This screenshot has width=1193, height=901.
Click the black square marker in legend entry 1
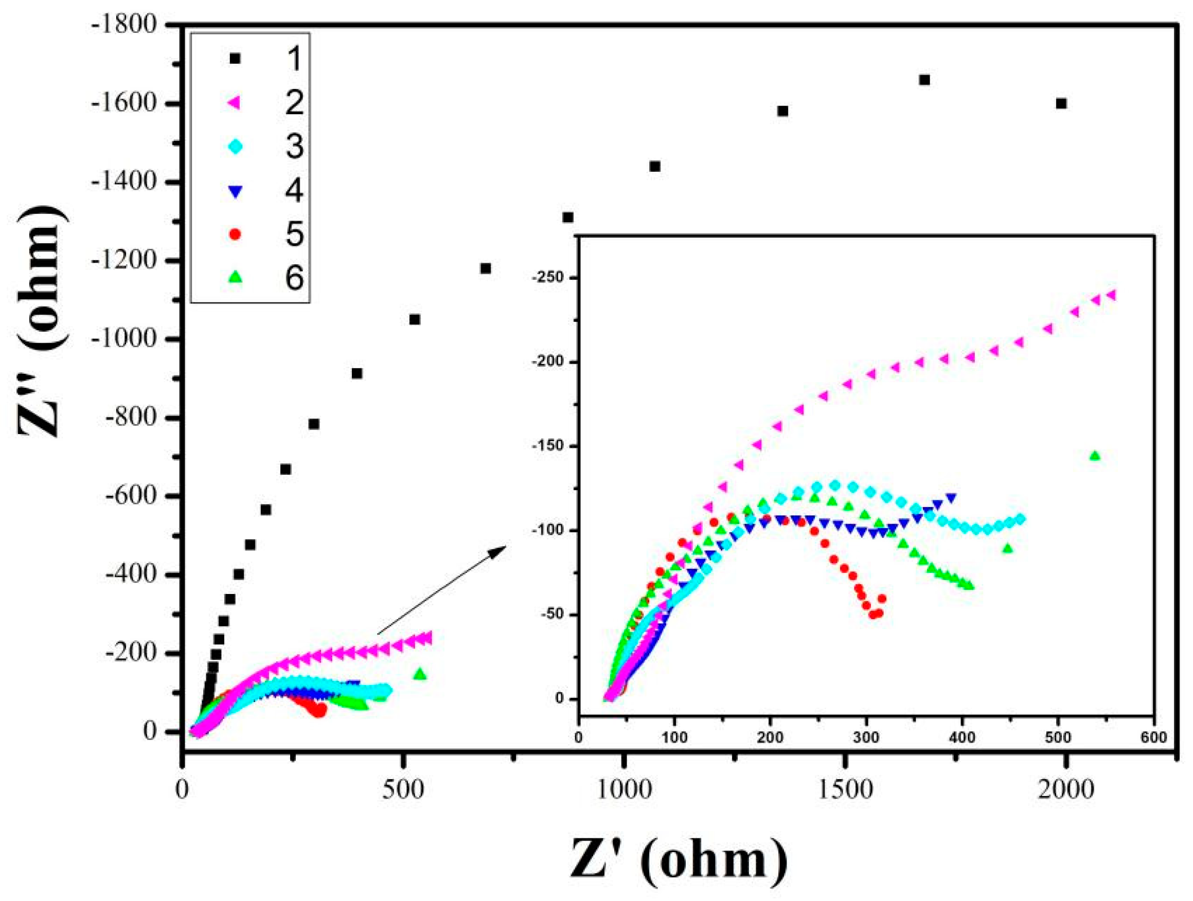coord(235,58)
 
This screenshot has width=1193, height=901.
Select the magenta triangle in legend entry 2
coord(235,102)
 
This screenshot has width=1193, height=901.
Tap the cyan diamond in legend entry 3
coord(235,146)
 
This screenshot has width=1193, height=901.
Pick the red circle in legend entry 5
coord(235,234)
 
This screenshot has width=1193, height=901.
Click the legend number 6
coord(294,278)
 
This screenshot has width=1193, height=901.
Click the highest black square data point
coord(924,80)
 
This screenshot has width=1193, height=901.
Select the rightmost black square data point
coord(1061,103)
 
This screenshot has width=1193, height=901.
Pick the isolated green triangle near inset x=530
coord(1094,456)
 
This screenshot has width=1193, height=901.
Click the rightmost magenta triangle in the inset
coord(1112,295)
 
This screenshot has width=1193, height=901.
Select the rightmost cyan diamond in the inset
coord(1020,519)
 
